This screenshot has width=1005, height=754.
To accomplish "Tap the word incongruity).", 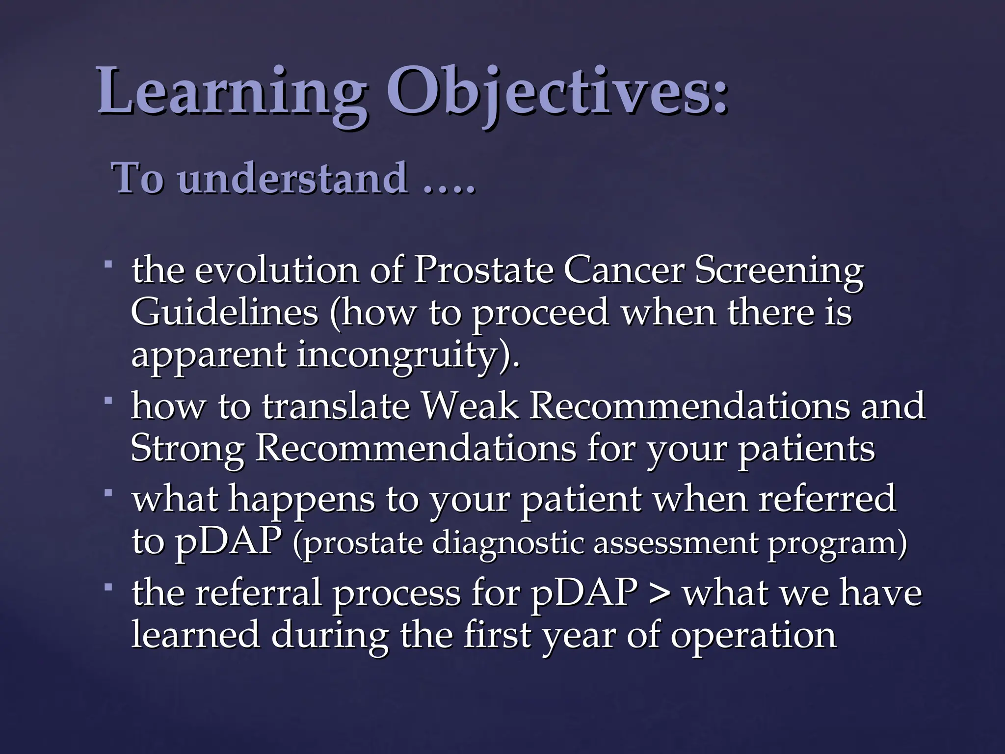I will click(x=407, y=356).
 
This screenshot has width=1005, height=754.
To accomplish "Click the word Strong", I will click(x=187, y=449).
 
